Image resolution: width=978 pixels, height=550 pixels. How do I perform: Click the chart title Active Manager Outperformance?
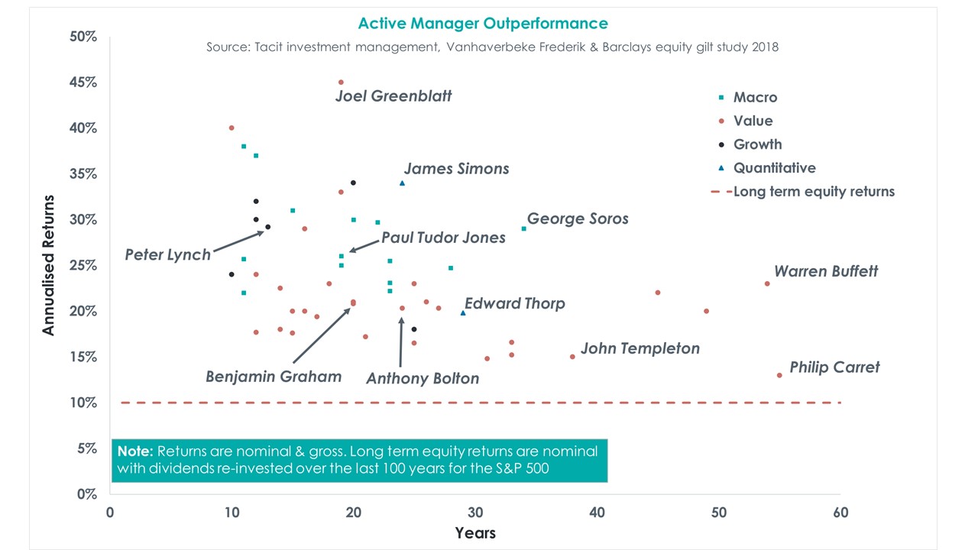coord(483,24)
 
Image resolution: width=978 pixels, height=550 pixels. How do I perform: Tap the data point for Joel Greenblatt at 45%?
coord(341,82)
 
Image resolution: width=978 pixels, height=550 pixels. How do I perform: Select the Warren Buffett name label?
coord(826,271)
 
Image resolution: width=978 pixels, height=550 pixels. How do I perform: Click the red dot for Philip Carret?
coord(779,375)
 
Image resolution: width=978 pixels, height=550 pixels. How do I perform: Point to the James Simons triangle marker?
coord(402,183)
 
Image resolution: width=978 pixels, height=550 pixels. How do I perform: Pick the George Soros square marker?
coord(523,228)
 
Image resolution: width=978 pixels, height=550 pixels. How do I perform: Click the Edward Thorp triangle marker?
coord(463,312)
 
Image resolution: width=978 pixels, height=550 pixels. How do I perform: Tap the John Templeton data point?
coord(572,357)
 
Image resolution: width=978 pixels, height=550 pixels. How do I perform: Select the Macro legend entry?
coord(754,97)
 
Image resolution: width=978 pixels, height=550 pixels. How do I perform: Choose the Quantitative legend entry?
coord(773,168)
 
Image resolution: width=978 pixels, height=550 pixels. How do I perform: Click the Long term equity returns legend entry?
coord(813,192)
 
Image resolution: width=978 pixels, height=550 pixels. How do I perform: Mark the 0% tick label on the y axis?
coord(85,494)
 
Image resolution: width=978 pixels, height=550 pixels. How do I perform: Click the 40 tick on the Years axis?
coord(597,513)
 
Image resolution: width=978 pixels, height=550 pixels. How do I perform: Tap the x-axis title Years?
coord(475,532)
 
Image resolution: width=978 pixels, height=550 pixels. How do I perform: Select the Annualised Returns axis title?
coord(49,264)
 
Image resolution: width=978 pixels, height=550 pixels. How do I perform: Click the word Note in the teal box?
coord(135,451)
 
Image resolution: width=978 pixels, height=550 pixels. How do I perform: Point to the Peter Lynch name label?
coord(167,255)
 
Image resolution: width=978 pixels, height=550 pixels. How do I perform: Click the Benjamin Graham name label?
coord(273,377)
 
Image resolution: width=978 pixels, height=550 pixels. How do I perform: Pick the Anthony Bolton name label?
coord(422,379)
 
